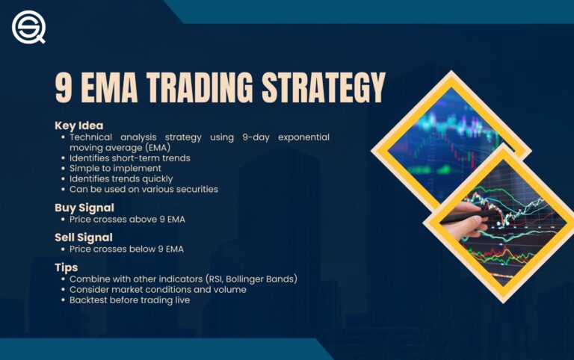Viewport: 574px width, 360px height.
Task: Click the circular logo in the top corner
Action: coord(28,28)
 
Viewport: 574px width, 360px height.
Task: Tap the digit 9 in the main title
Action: coord(64,88)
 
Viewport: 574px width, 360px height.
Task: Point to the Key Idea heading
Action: coord(78,125)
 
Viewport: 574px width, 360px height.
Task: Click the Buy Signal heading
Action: coord(84,208)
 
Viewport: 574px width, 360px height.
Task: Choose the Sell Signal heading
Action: coord(84,238)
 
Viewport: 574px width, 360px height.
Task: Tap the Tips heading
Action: coord(66,267)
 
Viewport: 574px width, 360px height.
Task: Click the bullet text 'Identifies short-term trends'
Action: coord(129,158)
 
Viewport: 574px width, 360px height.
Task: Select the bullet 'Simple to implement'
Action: coord(112,168)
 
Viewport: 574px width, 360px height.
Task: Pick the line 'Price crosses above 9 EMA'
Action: coord(126,219)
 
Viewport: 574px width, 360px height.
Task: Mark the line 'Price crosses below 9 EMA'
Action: coord(126,249)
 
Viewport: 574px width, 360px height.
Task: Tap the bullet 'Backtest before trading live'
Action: coord(129,300)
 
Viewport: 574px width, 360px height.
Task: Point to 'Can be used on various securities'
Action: coord(143,189)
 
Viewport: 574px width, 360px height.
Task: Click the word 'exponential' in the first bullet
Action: coord(302,137)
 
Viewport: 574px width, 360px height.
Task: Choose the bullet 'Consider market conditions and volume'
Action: coord(158,289)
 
